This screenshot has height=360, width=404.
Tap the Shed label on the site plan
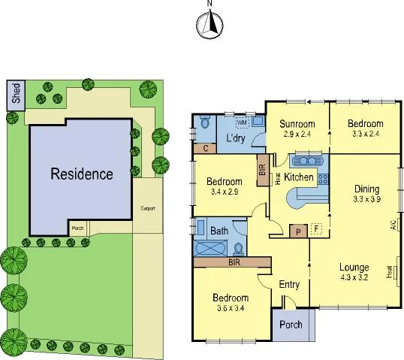(17, 94)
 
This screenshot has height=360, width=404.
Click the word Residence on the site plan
(82, 174)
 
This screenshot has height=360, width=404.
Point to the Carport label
(147, 208)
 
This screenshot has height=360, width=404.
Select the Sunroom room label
(297, 124)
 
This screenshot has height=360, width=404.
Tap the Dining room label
(367, 189)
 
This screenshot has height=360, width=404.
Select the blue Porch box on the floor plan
(290, 325)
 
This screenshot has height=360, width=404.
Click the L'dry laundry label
(237, 138)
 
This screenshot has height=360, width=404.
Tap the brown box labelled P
(298, 231)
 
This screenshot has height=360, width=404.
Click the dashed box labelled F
(316, 229)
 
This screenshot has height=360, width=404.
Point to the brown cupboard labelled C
(205, 149)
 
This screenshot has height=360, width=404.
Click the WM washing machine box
(242, 121)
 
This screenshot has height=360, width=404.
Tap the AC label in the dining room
(393, 225)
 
